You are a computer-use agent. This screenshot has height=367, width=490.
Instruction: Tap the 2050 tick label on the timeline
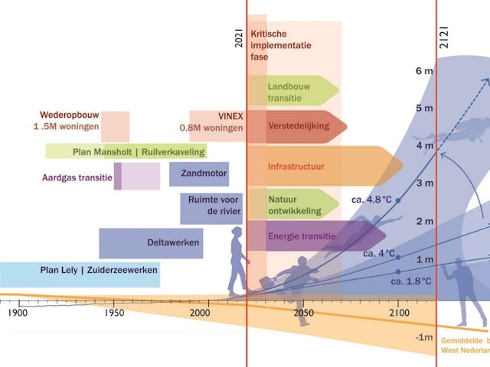pos(303,312)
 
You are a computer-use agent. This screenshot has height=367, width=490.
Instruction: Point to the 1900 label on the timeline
pos(18,312)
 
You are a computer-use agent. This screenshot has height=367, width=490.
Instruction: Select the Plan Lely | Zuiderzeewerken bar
pos(80,271)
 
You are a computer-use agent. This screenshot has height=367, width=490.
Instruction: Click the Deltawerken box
pos(150,243)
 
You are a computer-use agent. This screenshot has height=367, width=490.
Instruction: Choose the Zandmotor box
pos(199,174)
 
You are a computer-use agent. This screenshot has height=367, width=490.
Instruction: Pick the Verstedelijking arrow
pos(296,126)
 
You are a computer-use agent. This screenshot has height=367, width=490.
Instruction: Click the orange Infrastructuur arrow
pos(322,165)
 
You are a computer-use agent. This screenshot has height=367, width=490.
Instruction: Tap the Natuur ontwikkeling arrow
pos(291,204)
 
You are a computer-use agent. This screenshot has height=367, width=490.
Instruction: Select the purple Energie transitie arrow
pos(303,236)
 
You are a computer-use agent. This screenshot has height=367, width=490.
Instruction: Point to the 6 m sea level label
pos(424,71)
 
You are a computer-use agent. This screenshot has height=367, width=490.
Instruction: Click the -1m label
pos(424,337)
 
